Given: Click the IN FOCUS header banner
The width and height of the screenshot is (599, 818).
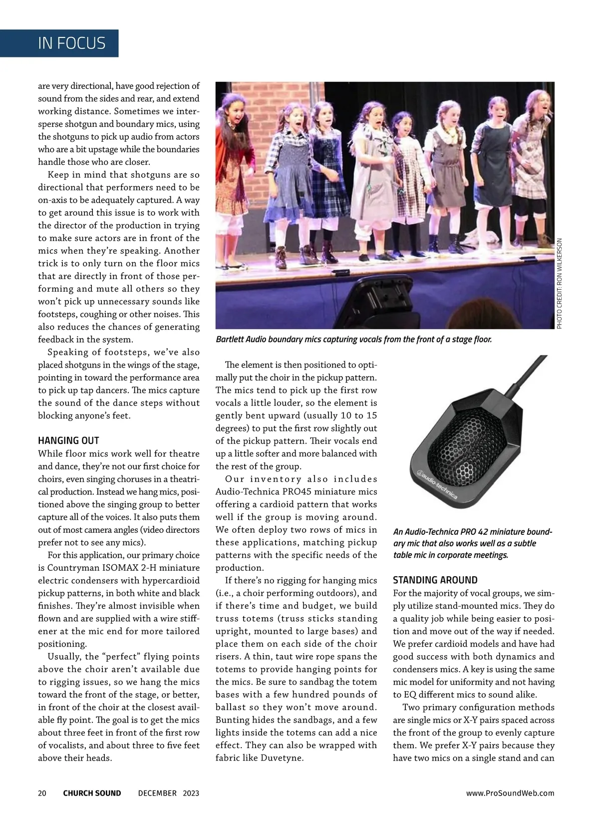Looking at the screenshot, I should [72, 43].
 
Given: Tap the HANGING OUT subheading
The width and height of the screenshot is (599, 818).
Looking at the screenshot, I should [68, 440].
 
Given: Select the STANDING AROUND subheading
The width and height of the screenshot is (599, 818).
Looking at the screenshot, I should [435, 580].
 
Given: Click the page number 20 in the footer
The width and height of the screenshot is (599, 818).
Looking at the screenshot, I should [42, 793].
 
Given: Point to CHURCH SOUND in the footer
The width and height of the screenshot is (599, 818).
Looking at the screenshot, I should [92, 793].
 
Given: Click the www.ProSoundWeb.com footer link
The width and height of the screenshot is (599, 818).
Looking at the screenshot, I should [510, 793].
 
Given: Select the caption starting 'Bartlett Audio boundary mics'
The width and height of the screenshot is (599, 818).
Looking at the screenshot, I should [353, 340].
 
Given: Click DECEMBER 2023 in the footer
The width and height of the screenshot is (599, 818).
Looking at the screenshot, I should [168, 793].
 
